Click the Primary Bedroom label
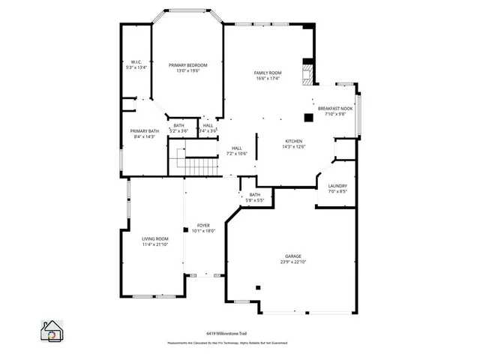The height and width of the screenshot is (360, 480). [x=187, y=65]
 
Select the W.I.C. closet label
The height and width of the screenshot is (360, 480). [x=136, y=61]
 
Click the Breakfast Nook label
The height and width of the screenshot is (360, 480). [x=335, y=108]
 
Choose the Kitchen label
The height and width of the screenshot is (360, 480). [x=293, y=141]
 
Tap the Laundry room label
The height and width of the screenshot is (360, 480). [x=337, y=185]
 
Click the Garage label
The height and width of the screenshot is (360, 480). [x=292, y=256]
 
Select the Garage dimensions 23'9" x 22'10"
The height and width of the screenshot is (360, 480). [x=292, y=262]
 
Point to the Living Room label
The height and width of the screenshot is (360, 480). [x=154, y=239]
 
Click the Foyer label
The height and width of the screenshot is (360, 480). [x=203, y=225]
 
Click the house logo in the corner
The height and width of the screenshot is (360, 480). [x=52, y=331]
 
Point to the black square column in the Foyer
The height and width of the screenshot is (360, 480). [x=185, y=229]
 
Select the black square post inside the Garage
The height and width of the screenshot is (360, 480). [x=257, y=286]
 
